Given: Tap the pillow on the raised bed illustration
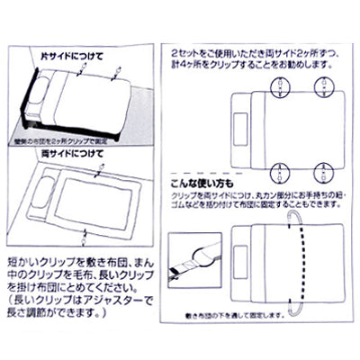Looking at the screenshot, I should [x=40, y=94].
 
